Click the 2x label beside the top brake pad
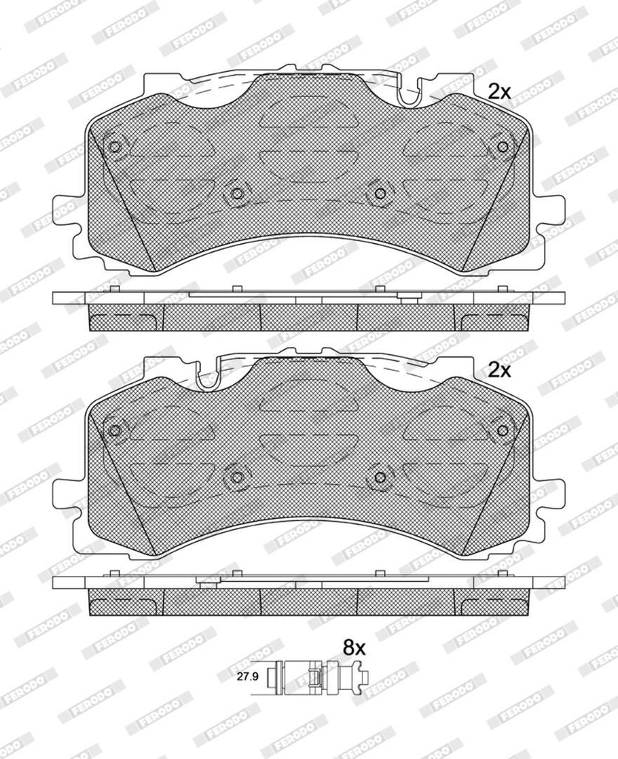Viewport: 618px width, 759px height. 499,91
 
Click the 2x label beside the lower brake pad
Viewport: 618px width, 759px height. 499,371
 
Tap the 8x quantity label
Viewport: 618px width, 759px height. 353,647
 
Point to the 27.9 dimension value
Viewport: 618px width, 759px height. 246,677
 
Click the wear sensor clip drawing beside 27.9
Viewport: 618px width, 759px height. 316,677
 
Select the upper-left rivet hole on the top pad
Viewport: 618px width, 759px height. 115,147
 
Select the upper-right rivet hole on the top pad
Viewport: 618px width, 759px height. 503,147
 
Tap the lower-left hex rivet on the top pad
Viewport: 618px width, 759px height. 236,193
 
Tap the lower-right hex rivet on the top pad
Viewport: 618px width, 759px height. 380,193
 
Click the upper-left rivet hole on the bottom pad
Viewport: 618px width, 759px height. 115,431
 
